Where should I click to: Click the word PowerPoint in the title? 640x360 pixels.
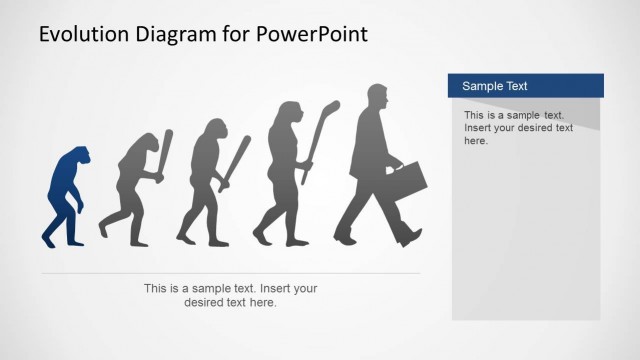[311, 34]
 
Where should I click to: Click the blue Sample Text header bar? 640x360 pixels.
[525, 86]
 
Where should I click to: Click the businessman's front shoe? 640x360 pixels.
[410, 238]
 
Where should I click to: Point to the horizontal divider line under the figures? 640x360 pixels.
[231, 273]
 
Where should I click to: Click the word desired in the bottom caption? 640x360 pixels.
[208, 302]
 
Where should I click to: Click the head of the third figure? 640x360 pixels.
[214, 131]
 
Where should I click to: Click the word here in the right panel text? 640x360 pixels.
[476, 141]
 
